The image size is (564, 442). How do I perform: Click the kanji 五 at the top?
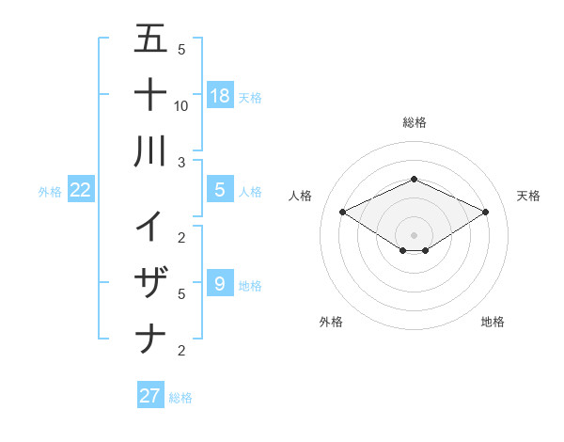point(150,39)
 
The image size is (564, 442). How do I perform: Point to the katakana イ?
point(150,225)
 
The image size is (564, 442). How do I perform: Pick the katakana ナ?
point(150,338)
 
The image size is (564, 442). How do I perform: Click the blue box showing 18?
point(220,95)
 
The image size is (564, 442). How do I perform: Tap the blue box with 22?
point(81,190)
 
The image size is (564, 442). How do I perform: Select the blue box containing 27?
point(150,396)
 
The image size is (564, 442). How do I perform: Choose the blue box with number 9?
point(220,282)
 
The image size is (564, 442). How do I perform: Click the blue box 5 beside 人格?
point(220,190)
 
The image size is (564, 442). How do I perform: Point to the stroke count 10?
point(181,105)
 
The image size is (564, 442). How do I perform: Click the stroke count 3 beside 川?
point(181,162)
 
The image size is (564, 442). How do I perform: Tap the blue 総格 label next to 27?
point(180,398)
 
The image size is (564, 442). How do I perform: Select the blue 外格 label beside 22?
point(50,192)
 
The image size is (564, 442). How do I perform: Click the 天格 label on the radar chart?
point(528,196)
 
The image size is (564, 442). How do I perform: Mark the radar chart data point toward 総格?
point(414,179)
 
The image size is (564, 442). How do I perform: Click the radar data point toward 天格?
point(485,213)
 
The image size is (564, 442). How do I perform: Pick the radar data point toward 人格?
point(342,213)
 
